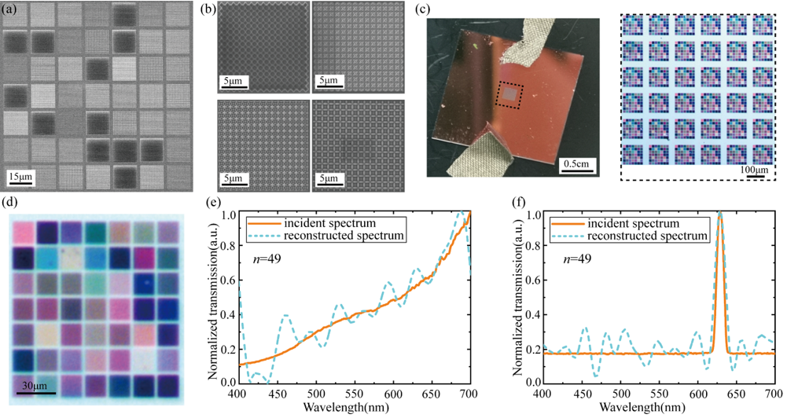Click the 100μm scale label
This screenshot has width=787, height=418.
point(752,170)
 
